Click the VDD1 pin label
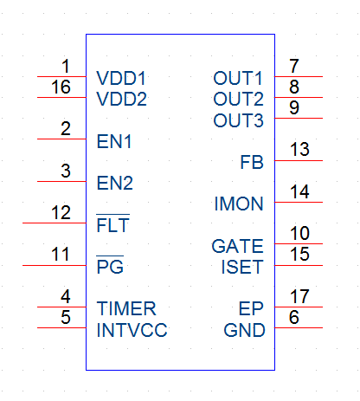point(121,78)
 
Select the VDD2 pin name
point(121,99)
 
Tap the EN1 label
point(114,141)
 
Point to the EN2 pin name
point(115,183)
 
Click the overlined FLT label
point(112,223)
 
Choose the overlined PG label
point(110,265)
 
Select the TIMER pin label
point(126,308)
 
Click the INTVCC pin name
point(132,330)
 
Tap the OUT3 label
point(238,120)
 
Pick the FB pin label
point(252,162)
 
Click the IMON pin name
point(239,204)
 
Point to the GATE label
point(237,246)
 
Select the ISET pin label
point(242,267)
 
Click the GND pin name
point(244,330)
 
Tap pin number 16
point(61,87)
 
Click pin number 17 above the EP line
point(299,296)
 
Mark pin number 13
point(299,150)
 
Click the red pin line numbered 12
point(55,223)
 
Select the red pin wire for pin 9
point(299,118)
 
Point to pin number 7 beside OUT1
point(294,66)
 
